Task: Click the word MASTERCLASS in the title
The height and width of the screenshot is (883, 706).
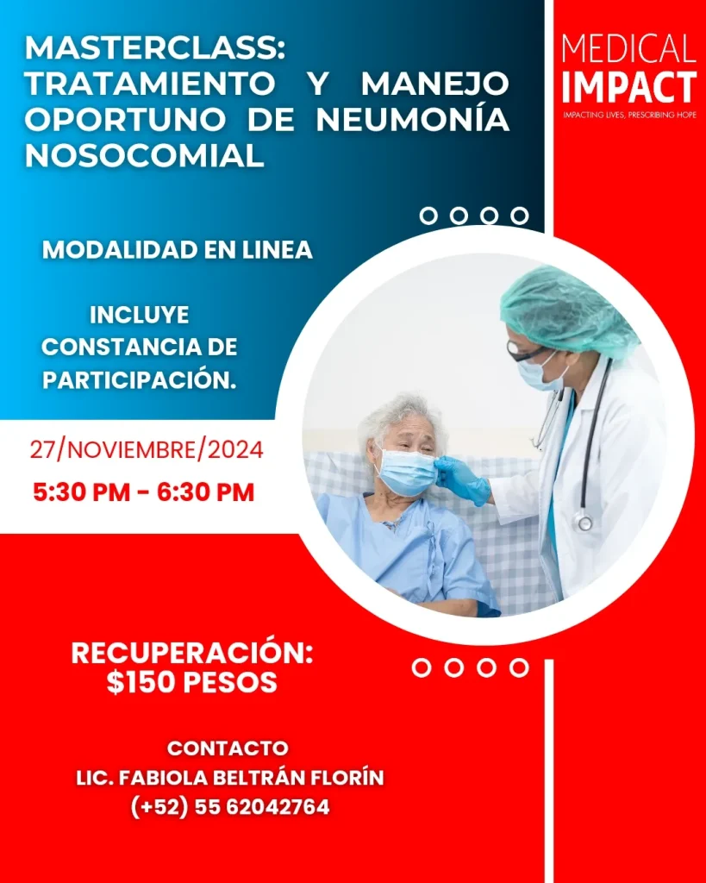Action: click(155, 49)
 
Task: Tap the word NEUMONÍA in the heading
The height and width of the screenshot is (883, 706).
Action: click(412, 119)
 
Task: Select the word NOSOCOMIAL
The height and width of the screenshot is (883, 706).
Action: click(145, 155)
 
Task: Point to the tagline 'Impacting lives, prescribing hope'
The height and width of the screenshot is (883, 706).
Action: click(629, 115)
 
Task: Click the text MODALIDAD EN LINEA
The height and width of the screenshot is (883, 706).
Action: click(178, 250)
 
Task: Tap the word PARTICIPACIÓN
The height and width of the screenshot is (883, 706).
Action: click(139, 380)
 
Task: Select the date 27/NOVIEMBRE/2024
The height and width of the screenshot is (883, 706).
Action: click(147, 450)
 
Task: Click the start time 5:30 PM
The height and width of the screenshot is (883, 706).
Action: click(81, 492)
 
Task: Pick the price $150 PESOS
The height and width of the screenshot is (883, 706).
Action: click(192, 683)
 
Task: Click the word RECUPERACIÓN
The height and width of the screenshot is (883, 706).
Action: click(192, 654)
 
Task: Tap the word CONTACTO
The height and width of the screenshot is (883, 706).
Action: click(228, 748)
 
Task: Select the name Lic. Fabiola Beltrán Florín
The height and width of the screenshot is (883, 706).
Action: click(230, 778)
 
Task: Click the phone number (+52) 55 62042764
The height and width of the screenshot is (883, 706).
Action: click(230, 807)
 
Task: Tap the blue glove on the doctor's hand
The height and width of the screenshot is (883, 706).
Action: click(462, 479)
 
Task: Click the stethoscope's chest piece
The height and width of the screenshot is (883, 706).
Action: click(584, 523)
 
